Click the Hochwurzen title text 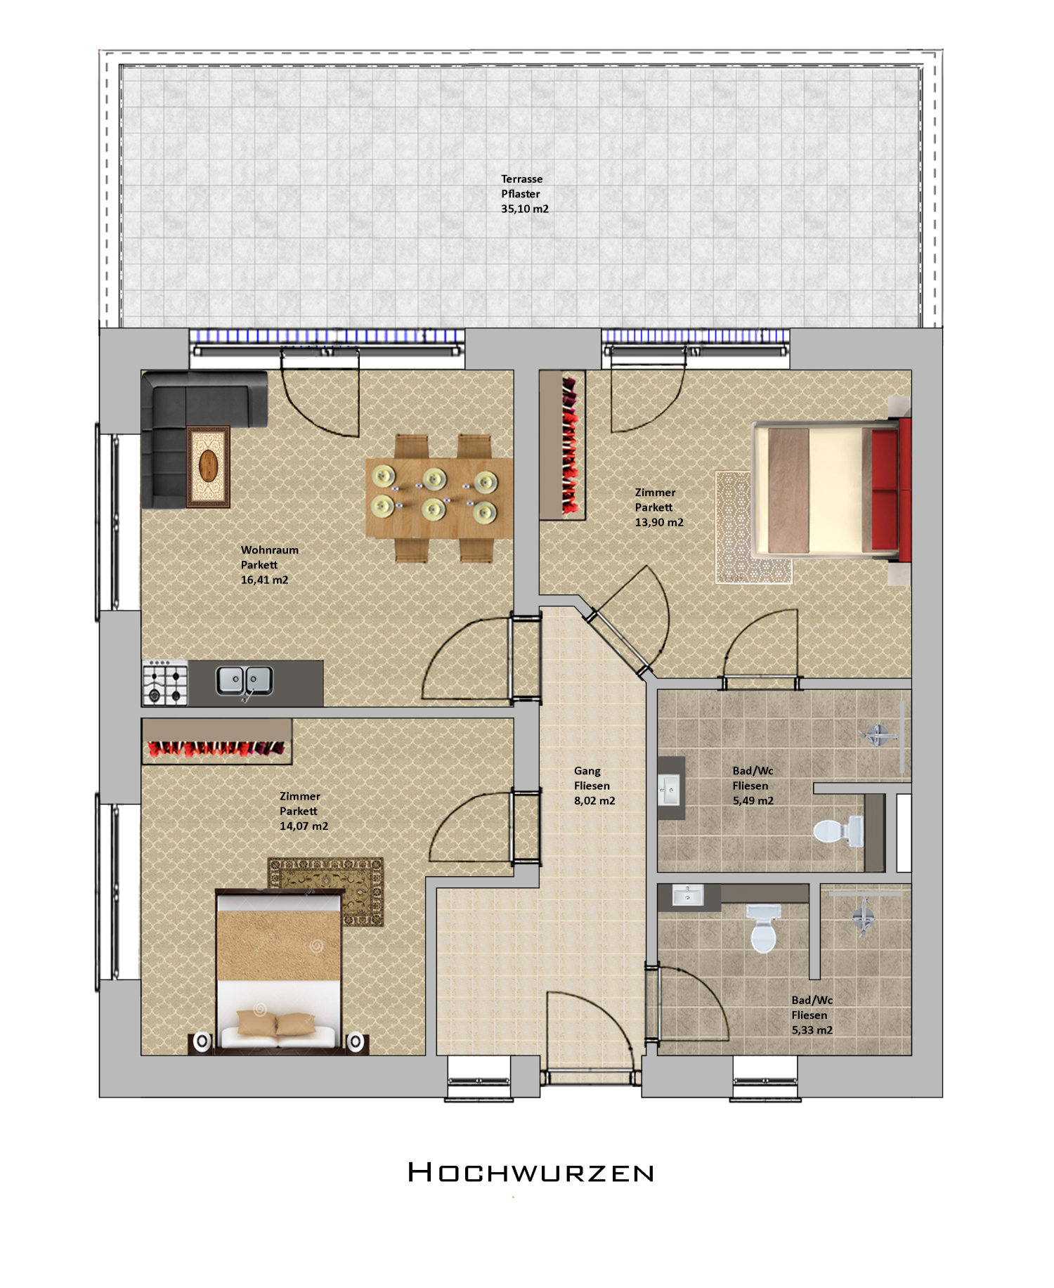point(531,1173)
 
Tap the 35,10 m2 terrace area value point(525,209)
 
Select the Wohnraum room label point(270,549)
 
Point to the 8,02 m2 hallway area point(594,800)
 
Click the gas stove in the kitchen point(165,683)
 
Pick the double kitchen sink point(244,680)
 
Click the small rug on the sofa point(209,467)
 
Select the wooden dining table point(439,498)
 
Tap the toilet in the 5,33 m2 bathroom point(763,928)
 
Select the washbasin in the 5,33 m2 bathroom point(688,895)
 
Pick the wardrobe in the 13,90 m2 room point(562,445)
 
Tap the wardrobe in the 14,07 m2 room point(216,741)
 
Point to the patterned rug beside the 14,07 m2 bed point(326,890)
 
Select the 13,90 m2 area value point(659,522)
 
